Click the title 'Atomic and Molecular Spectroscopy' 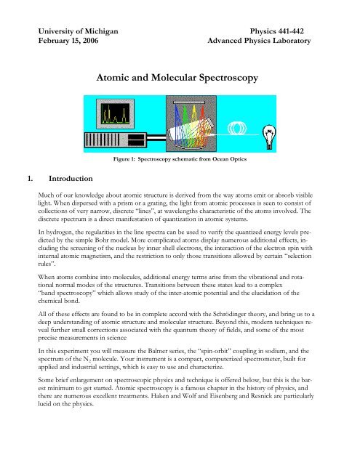(x=180, y=73)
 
